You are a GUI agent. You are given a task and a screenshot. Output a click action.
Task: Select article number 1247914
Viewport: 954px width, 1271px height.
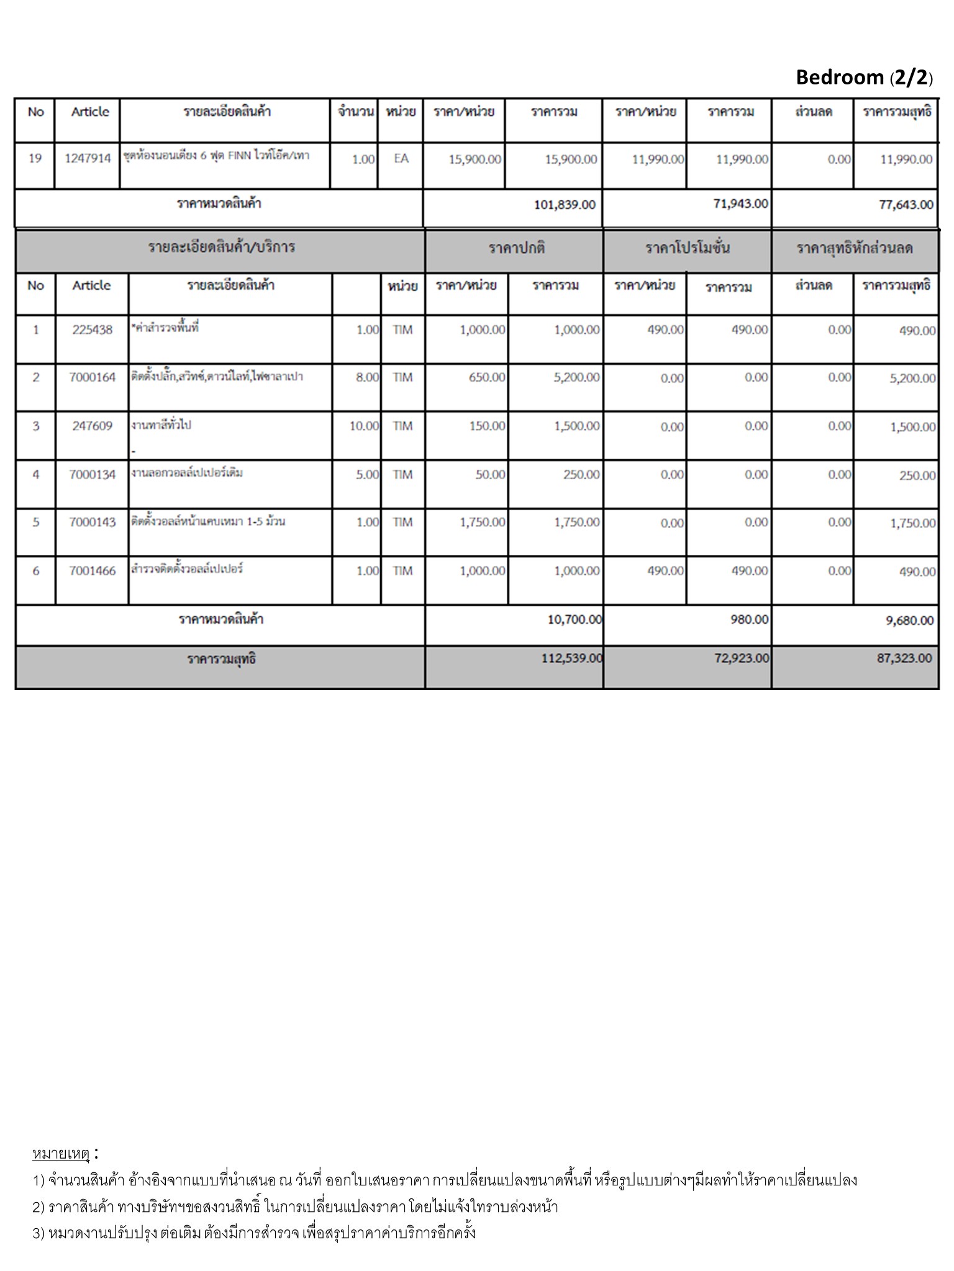pos(88,158)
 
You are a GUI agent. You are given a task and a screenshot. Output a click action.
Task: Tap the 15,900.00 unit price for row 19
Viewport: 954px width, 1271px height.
pos(475,159)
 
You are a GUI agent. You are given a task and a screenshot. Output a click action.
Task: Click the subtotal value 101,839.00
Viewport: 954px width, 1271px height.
pos(565,204)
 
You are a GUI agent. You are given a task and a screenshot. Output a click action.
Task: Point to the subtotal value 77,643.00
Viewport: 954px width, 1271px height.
pos(906,204)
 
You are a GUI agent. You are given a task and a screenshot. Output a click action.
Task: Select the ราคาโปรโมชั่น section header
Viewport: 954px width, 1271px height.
pos(687,248)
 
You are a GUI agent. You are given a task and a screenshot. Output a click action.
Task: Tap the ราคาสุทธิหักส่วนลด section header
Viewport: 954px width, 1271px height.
pos(854,248)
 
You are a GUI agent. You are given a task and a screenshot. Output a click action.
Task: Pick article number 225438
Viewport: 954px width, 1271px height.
pos(92,330)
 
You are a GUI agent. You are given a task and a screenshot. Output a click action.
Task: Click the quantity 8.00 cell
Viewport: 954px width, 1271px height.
pos(367,377)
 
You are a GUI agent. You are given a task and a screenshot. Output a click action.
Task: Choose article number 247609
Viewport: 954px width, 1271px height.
pos(92,426)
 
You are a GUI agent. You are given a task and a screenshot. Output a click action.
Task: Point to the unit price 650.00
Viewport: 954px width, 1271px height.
pos(487,377)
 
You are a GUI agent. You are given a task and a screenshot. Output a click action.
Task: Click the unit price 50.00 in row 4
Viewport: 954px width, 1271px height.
pos(490,475)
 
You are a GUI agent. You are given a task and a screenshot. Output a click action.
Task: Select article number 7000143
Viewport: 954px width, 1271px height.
pos(92,523)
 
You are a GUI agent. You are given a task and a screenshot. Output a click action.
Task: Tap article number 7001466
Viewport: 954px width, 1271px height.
pos(92,571)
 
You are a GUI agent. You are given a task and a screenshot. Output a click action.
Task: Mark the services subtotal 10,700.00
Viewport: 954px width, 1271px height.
pos(575,619)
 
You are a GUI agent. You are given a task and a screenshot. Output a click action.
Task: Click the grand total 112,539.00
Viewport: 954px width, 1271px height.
pos(571,658)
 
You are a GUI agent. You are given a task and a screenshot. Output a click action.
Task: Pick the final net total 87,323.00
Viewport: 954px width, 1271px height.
pos(904,658)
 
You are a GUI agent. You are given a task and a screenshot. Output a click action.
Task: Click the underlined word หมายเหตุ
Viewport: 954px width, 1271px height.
pos(61,1154)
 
